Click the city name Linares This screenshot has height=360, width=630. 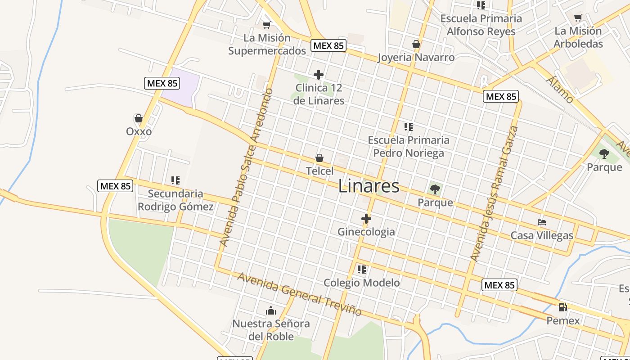click(369, 186)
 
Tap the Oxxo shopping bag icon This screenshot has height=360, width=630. click(139, 119)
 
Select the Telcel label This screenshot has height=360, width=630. click(319, 171)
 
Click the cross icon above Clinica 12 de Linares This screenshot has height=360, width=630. click(319, 75)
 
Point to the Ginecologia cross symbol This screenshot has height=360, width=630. click(366, 219)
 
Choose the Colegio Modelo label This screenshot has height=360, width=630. click(361, 283)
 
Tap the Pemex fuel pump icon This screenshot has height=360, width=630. click(562, 308)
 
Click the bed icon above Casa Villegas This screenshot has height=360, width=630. click(542, 222)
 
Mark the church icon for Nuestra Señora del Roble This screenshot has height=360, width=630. click(270, 310)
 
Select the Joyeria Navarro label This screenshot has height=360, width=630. click(416, 57)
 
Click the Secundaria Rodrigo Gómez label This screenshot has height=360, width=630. click(175, 200)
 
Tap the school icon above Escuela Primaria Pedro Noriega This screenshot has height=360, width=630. click(408, 127)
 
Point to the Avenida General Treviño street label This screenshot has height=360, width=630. click(300, 294)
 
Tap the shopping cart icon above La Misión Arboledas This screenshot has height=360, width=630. click(578, 18)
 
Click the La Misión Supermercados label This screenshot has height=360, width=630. click(267, 44)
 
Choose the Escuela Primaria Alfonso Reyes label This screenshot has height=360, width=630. click(481, 25)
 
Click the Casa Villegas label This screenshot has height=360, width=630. click(542, 235)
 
